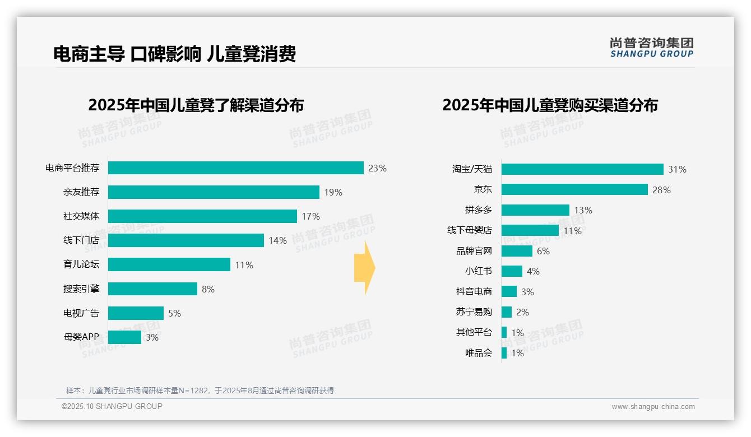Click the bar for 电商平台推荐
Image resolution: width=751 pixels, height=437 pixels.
[x=235, y=168]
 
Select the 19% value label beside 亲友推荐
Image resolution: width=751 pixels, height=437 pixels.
[x=333, y=192]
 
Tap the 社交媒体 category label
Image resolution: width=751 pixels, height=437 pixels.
[x=81, y=216]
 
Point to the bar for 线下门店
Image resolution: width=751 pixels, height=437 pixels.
[x=186, y=240]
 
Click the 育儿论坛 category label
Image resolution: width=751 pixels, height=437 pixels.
[x=81, y=265]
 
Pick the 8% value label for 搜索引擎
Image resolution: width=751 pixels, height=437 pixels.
[x=208, y=289]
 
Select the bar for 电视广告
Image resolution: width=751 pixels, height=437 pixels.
[x=136, y=313]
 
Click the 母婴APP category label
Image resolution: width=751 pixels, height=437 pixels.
[x=81, y=337]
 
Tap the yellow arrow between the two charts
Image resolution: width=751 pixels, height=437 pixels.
[x=364, y=268]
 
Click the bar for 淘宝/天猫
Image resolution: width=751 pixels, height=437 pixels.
[x=582, y=169]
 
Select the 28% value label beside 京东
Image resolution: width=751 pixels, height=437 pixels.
[x=661, y=190]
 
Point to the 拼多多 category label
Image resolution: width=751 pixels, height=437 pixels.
[x=478, y=210]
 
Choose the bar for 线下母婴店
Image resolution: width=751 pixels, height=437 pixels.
[x=530, y=230]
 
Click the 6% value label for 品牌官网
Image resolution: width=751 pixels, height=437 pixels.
[x=543, y=251]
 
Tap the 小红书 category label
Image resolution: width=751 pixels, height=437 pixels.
[x=478, y=271]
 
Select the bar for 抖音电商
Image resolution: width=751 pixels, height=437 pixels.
[x=509, y=291]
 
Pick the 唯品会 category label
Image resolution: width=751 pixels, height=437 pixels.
[x=478, y=353]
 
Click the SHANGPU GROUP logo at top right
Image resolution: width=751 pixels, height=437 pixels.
[x=651, y=47]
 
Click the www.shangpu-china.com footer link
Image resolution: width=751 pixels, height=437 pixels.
[x=653, y=407]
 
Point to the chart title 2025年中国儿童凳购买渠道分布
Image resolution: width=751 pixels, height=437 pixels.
[x=550, y=105]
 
